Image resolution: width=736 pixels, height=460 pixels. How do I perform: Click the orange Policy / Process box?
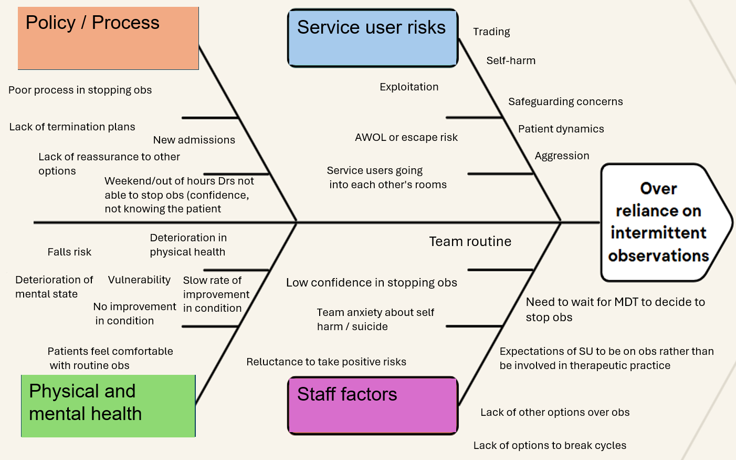108,38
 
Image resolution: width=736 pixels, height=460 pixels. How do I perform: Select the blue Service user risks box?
373,38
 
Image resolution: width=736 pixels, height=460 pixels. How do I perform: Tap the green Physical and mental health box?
108,405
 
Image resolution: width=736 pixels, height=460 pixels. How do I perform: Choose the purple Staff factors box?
373,405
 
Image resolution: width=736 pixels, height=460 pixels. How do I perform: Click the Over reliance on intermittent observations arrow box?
661,222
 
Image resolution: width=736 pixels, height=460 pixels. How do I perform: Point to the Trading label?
491,32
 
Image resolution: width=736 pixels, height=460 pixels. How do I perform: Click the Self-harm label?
511,60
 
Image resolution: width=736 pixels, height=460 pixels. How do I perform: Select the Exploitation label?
409,87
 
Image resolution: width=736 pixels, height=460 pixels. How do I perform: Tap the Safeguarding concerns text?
565,101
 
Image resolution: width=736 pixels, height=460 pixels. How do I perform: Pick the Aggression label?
562,156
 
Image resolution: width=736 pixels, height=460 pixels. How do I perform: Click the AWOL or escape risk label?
406,137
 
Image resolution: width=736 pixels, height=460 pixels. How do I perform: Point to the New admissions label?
194,140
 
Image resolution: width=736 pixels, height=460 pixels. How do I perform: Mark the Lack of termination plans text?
72,127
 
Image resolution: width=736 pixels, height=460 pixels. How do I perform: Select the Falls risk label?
69,252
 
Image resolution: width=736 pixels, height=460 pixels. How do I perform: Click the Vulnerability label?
139,280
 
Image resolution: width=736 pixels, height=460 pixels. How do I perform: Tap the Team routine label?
470,241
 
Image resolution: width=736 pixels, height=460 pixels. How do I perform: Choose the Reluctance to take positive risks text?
326,362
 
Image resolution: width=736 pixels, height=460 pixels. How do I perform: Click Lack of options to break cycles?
550,445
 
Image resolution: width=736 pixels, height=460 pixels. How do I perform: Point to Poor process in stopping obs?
80,90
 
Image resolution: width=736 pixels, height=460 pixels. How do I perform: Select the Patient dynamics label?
561,129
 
